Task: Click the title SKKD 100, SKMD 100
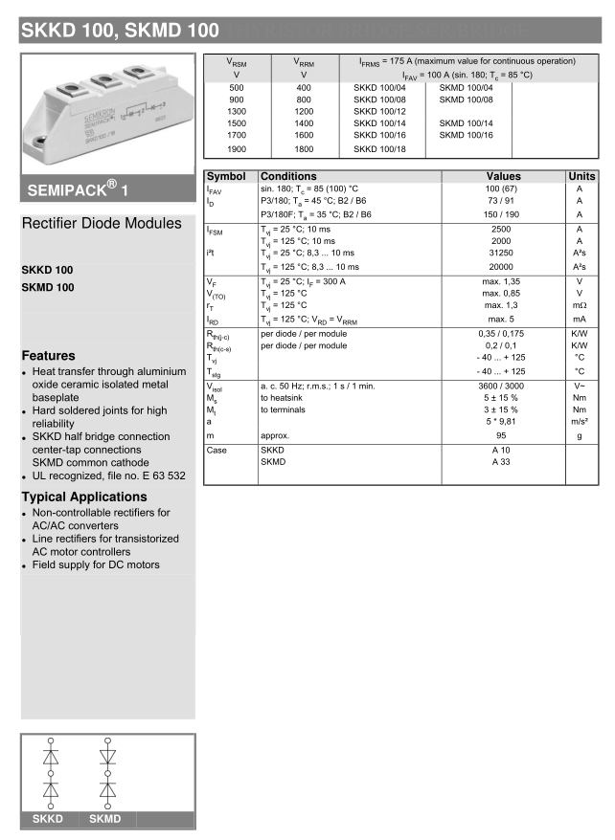point(119,31)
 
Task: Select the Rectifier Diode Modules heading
point(102,224)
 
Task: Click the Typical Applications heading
point(84,497)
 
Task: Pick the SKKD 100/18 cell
point(379,150)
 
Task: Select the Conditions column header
point(288,177)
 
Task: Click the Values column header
point(503,177)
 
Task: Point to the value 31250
point(502,253)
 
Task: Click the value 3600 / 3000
point(502,386)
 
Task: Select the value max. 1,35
point(502,282)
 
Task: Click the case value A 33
point(502,461)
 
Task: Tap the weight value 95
point(502,434)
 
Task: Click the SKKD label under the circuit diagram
point(48,819)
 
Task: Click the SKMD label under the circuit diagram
point(105,819)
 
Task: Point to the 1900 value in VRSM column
point(237,150)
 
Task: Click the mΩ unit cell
point(580,306)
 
